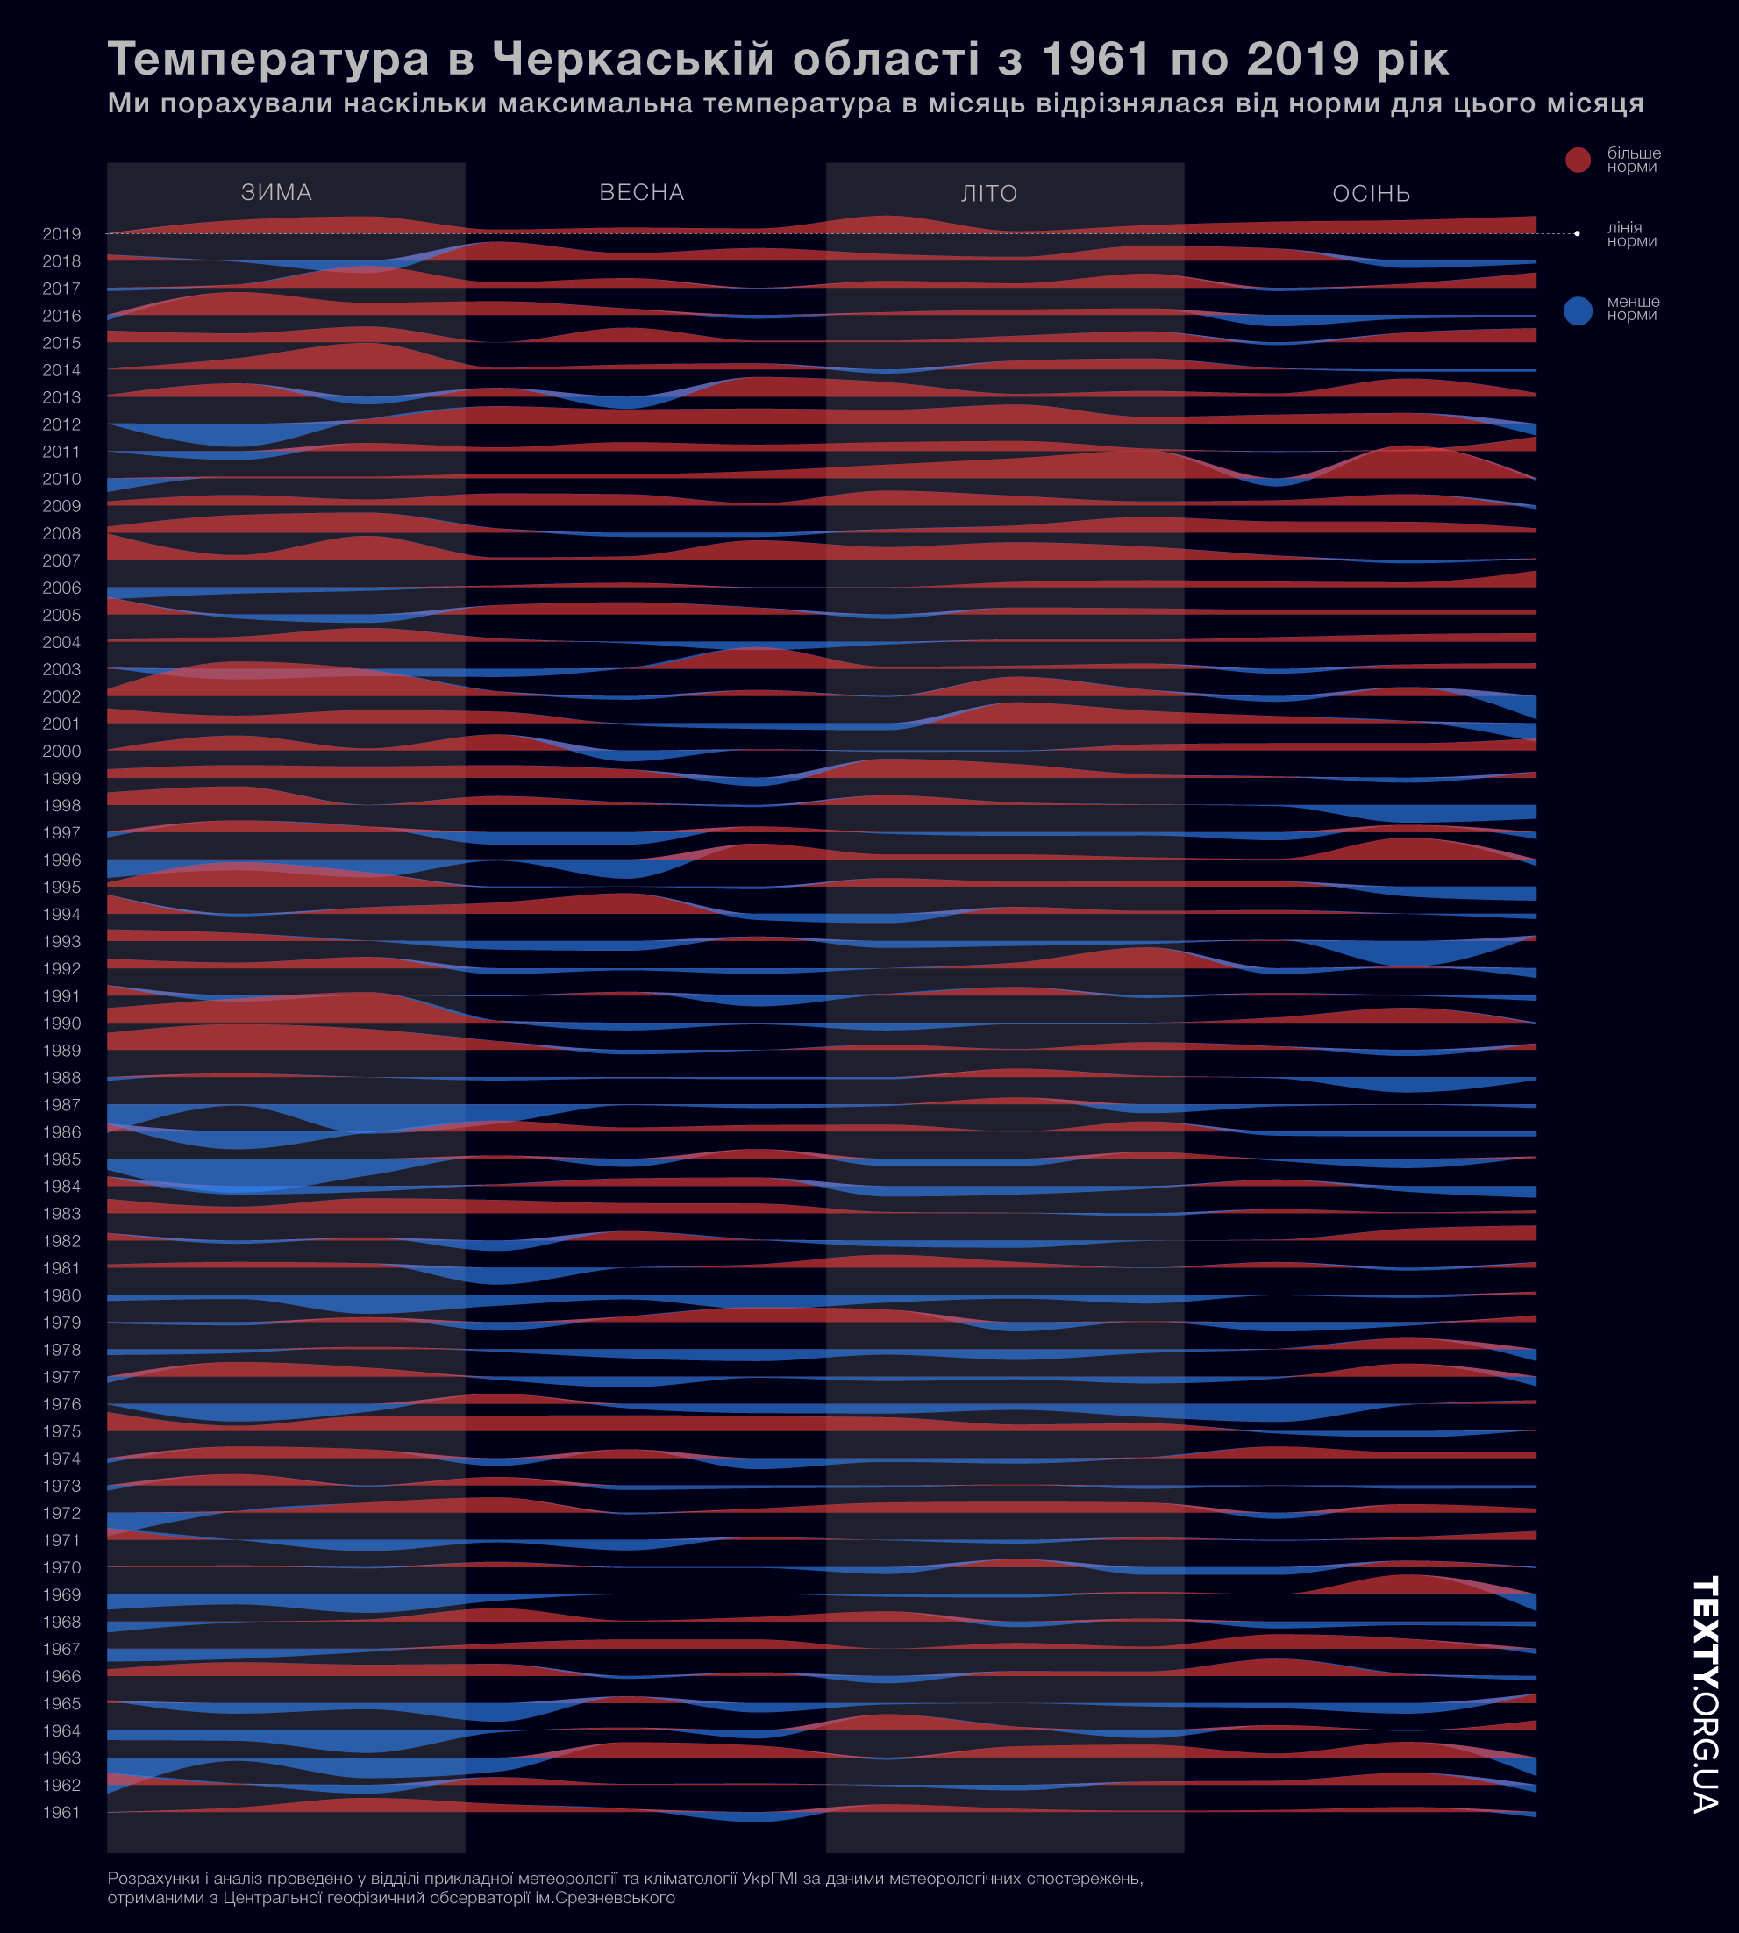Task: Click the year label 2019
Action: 61,234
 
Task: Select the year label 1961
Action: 61,1813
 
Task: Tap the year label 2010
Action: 61,479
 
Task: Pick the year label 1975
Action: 61,1431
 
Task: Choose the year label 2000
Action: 61,751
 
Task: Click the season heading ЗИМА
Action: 277,192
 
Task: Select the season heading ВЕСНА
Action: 642,192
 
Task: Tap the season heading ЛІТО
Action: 989,193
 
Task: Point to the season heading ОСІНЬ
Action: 1372,193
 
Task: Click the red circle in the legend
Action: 1578,160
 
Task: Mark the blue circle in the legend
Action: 1578,310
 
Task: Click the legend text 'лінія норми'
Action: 1631,234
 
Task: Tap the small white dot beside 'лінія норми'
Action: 1577,233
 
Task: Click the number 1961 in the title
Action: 1095,60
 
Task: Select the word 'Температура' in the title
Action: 268,60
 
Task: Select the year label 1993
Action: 61,941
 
